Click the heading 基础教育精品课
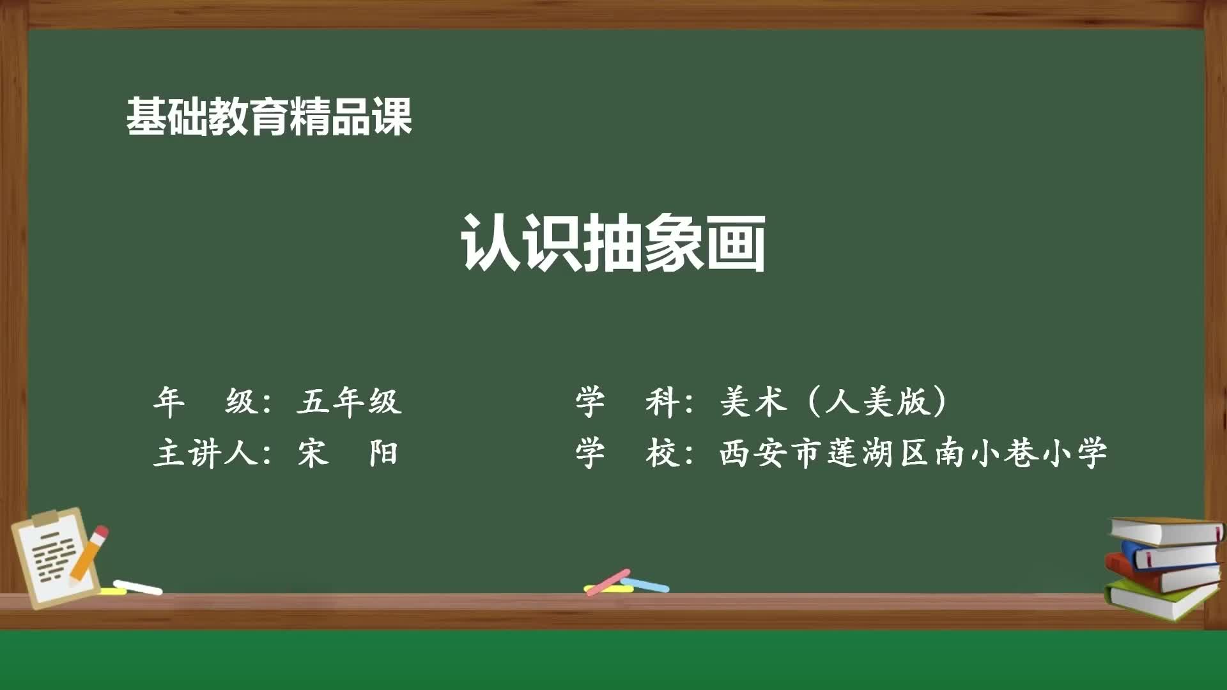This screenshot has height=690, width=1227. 268,116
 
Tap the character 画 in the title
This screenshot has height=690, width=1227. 735,243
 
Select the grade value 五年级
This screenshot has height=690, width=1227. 349,402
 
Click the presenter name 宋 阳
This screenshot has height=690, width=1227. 348,454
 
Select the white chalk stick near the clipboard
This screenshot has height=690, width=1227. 137,586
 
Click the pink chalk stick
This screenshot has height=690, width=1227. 608,582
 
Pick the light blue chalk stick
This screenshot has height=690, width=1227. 645,584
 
